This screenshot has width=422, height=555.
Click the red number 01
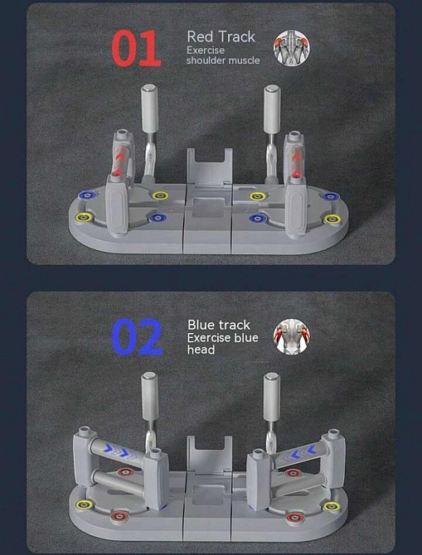[137, 49]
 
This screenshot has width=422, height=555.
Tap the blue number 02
[138, 336]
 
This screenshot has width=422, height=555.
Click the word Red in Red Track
[199, 36]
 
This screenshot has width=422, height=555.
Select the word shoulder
[206, 60]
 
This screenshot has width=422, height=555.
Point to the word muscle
[244, 60]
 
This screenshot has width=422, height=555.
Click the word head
[201, 350]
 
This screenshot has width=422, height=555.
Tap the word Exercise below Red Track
[206, 50]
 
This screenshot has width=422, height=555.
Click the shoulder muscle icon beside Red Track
[291, 48]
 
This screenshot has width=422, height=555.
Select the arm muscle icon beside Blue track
[291, 336]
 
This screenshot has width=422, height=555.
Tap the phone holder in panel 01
[210, 166]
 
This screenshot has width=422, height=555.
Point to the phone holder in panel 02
[210, 455]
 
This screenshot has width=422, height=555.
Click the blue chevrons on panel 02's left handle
[118, 451]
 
